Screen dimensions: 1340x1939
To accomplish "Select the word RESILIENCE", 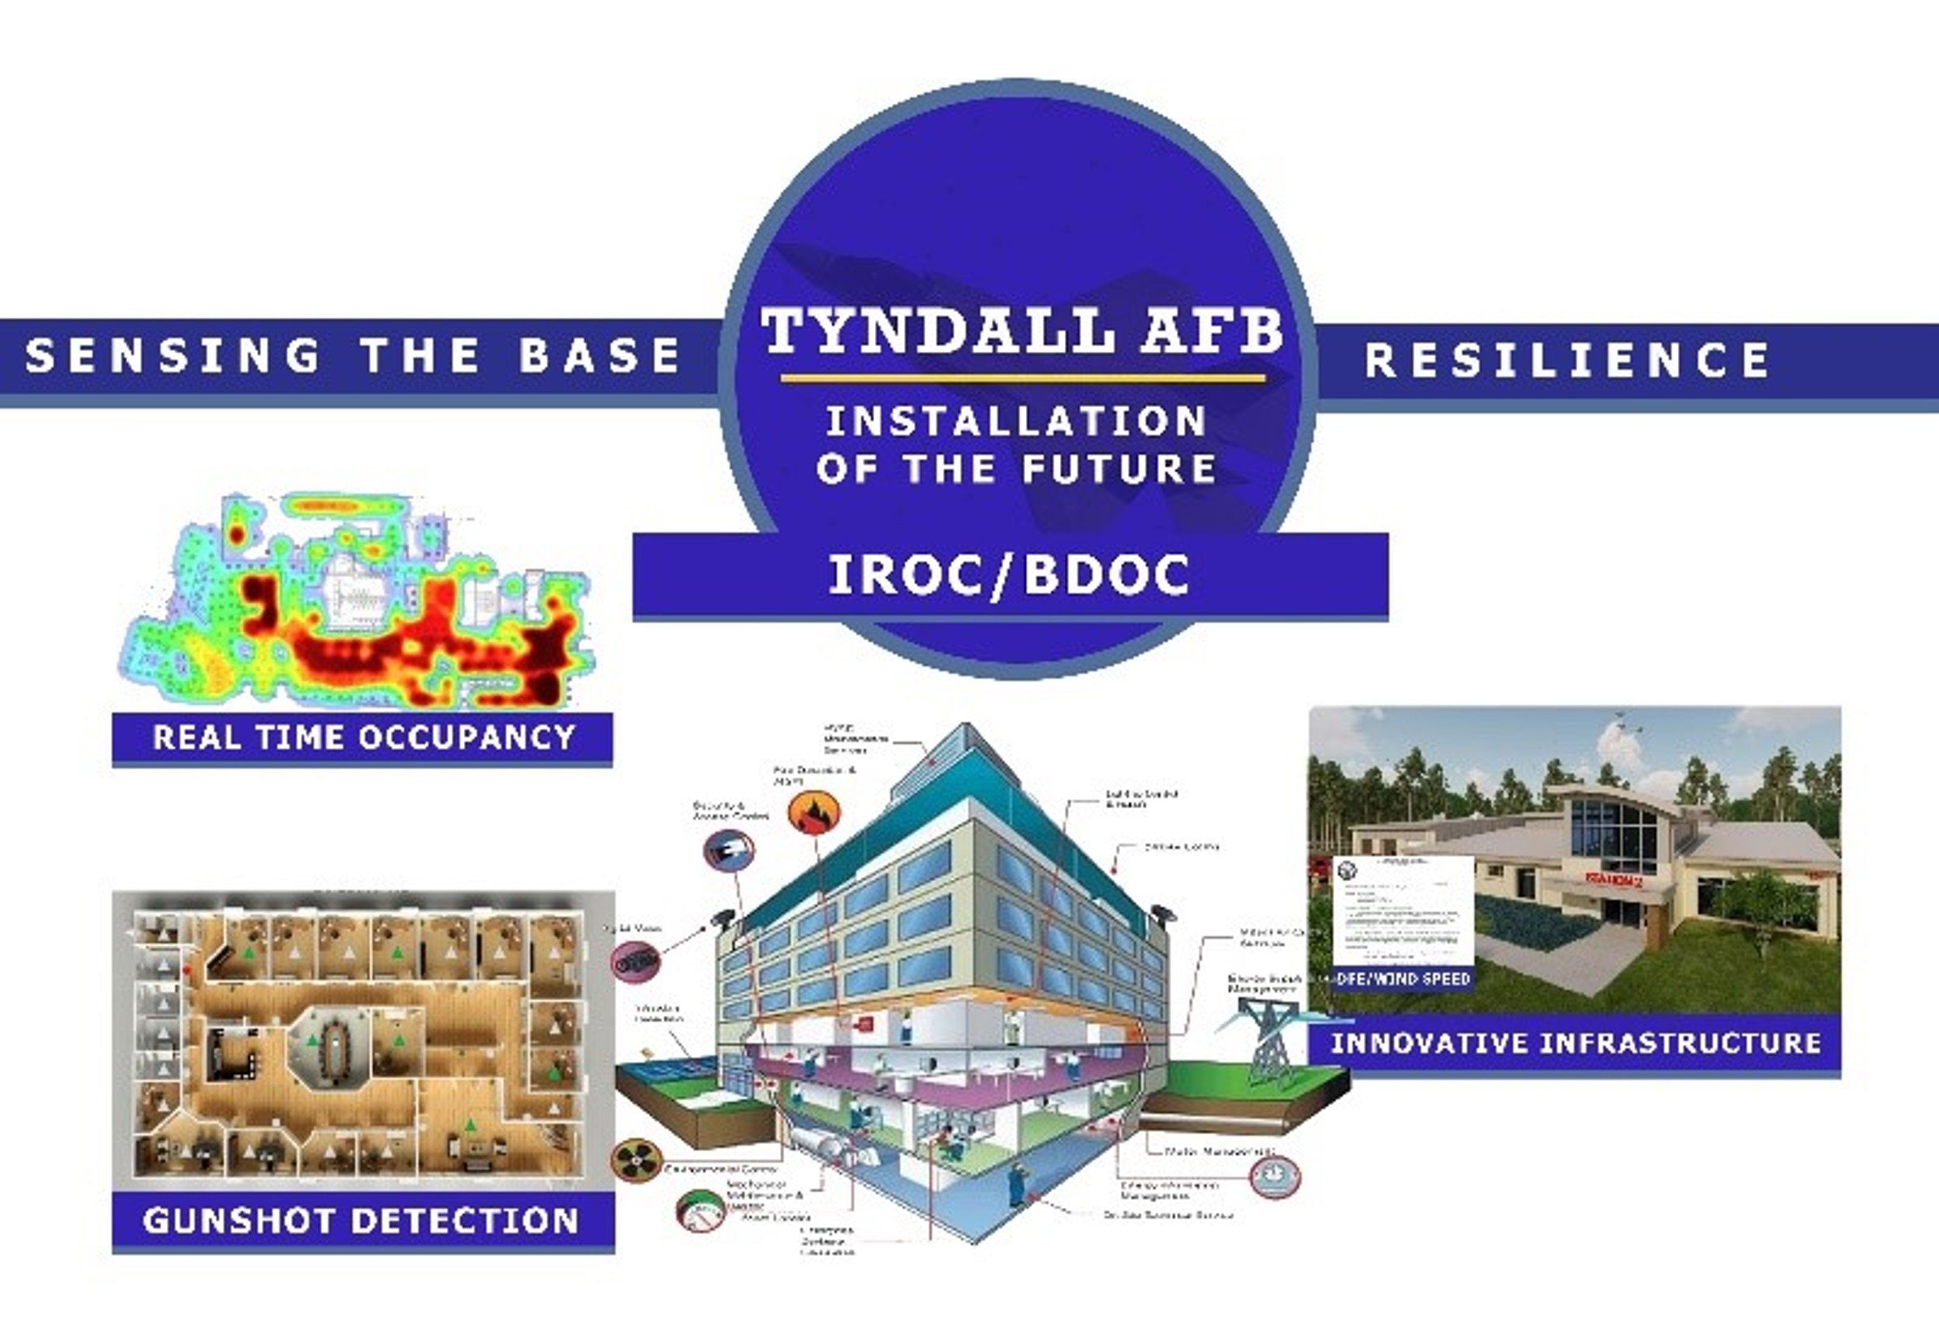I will pyautogui.click(x=1567, y=361).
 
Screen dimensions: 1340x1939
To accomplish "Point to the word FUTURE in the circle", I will pyautogui.click(x=1120, y=469).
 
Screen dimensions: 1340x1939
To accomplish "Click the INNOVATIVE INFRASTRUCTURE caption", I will pyautogui.click(x=1576, y=1044).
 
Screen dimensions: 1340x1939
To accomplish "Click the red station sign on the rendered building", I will pyautogui.click(x=1613, y=880).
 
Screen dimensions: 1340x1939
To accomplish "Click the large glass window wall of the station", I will pyautogui.click(x=1614, y=836).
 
